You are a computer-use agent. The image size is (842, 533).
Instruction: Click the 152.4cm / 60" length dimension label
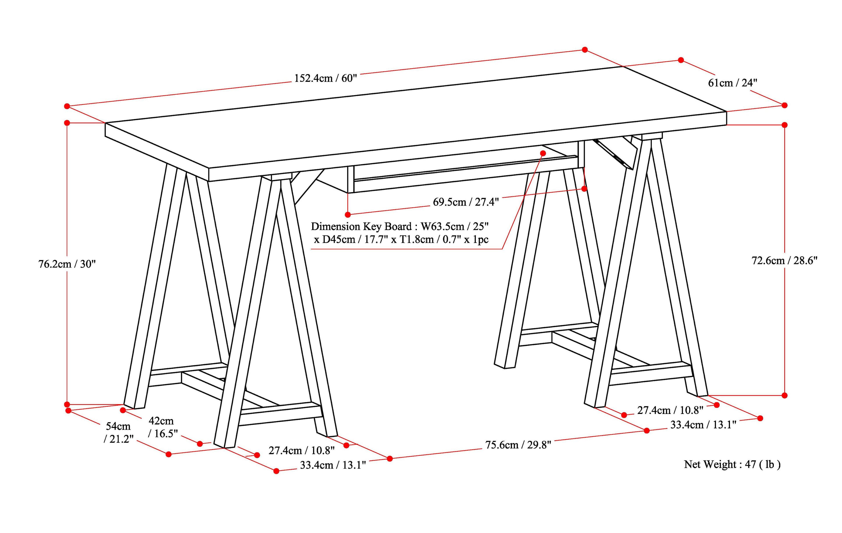click(x=325, y=78)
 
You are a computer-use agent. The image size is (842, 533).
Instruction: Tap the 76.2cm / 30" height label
click(x=67, y=264)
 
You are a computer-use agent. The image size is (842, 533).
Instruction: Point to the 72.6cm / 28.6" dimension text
click(x=784, y=260)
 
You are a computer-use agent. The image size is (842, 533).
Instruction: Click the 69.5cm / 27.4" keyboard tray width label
click(x=466, y=202)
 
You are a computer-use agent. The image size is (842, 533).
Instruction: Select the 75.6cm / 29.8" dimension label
click(x=518, y=445)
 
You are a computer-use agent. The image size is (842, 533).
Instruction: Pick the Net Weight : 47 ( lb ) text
click(x=732, y=464)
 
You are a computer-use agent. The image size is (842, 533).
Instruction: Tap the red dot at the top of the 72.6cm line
click(x=785, y=125)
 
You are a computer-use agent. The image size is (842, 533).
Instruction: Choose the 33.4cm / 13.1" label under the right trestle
click(x=703, y=425)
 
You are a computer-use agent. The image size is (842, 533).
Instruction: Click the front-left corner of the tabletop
click(x=209, y=169)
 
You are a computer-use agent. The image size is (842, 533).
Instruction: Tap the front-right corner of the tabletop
click(x=727, y=112)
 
